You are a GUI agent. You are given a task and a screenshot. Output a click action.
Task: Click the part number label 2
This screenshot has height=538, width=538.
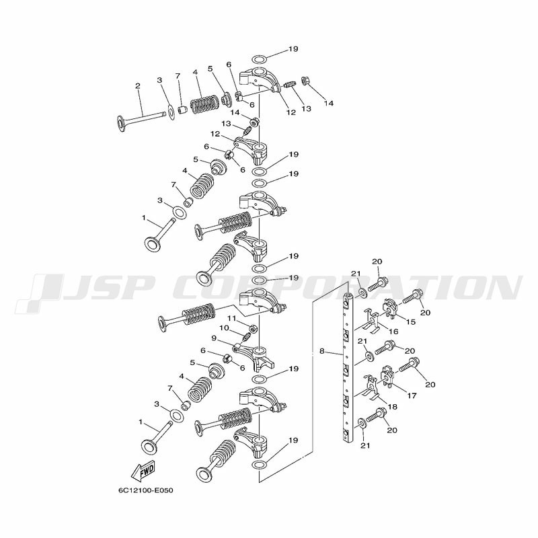pyautogui.click(x=138, y=86)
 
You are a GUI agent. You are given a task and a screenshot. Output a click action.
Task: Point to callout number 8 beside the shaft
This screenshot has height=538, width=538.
pyautogui.click(x=321, y=351)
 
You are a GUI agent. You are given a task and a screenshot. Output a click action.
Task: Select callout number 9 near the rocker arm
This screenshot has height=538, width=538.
pyautogui.click(x=214, y=338)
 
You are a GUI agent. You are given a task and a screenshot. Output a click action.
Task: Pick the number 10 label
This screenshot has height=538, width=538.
pyautogui.click(x=224, y=328)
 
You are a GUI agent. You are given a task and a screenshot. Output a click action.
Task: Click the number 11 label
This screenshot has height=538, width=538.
pyautogui.click(x=231, y=318)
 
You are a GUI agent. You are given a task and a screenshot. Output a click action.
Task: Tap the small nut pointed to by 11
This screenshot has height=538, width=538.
pyautogui.click(x=254, y=329)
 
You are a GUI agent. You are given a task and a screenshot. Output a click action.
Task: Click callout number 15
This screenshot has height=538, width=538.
pyautogui.click(x=411, y=322)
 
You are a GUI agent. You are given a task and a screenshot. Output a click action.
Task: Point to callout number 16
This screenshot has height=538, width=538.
pyautogui.click(x=393, y=331)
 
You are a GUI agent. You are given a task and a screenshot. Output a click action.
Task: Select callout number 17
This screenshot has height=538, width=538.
pyautogui.click(x=412, y=395)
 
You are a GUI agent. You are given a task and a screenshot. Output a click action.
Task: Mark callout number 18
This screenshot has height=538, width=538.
pyautogui.click(x=392, y=407)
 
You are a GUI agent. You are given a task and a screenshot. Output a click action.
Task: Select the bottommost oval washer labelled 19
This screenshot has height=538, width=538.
pyautogui.click(x=260, y=465)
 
